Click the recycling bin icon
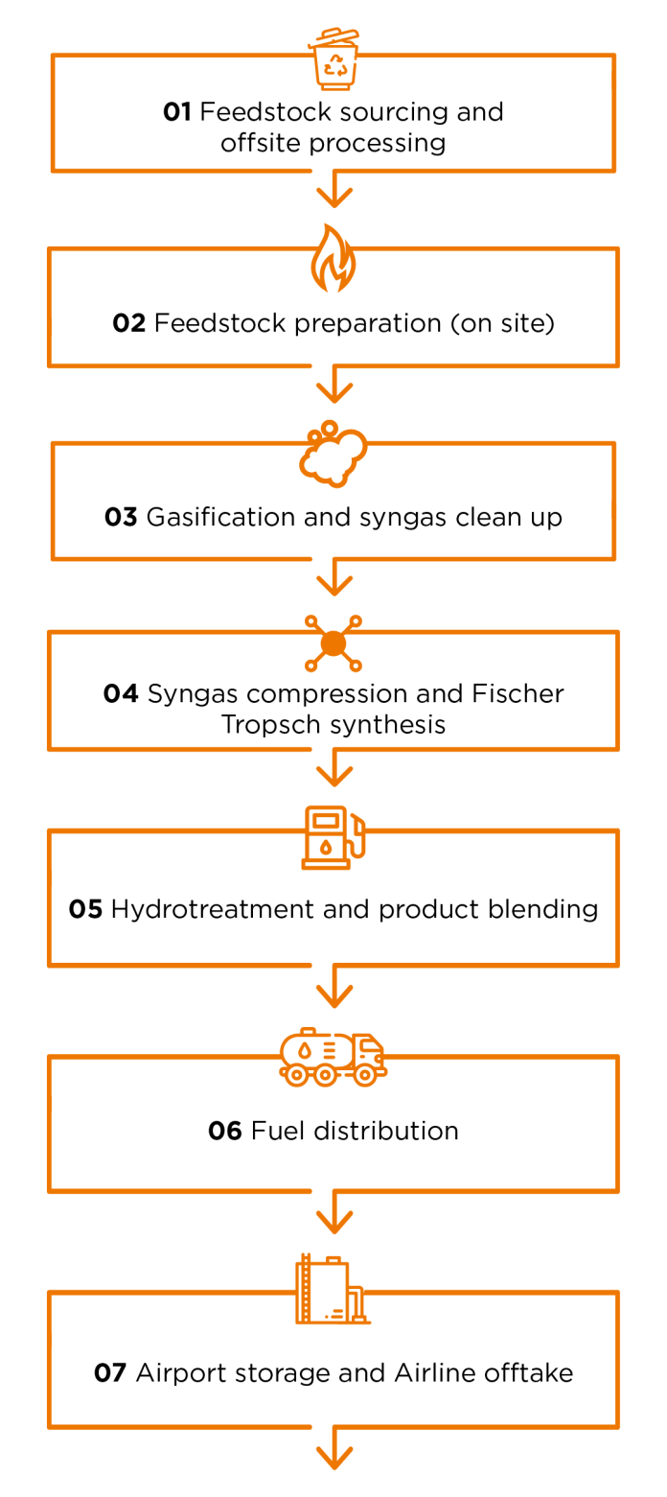[x=333, y=59]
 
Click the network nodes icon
[x=333, y=643]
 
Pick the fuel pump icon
[x=332, y=836]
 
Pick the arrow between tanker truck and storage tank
[x=334, y=1215]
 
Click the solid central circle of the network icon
[x=333, y=643]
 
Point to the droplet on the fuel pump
[x=326, y=848]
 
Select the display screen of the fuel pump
[x=326, y=822]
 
